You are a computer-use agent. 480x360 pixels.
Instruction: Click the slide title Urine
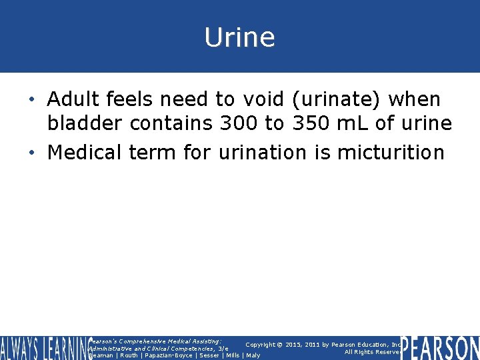click(239, 37)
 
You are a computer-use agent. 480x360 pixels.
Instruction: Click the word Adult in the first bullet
click(71, 99)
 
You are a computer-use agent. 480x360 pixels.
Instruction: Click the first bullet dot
click(33, 101)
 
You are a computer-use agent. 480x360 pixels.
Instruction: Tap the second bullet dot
click(33, 153)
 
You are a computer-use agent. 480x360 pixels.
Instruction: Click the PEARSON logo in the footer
click(440, 347)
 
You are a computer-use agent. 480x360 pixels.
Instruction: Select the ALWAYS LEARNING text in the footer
click(44, 347)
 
